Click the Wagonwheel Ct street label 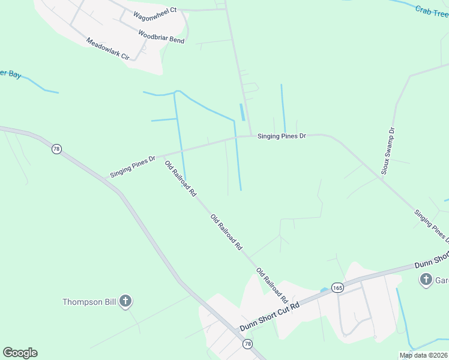coord(155,10)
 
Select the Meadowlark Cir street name coord(108,49)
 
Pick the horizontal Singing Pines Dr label coord(282,136)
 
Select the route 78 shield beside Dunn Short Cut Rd coord(247,344)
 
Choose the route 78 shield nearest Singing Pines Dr coord(56,149)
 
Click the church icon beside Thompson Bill coord(125,301)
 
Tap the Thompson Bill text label coord(89,302)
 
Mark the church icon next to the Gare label coord(426,279)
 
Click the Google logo coord(20,353)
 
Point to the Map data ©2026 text coord(424,355)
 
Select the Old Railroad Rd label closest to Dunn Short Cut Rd coord(273,285)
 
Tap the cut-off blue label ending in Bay coord(11,74)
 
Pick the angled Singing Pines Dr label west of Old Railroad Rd coord(133,166)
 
